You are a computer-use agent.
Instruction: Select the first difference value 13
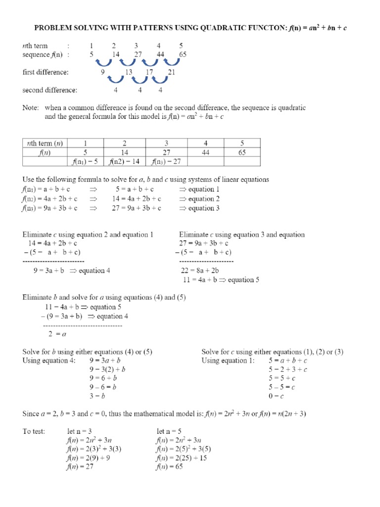(x=130, y=72)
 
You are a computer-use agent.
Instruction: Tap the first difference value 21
(x=172, y=72)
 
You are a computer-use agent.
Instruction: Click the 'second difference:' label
(x=50, y=90)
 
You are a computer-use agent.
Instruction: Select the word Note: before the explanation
(x=32, y=107)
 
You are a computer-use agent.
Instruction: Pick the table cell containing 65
(x=242, y=153)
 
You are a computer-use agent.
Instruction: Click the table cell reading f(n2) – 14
(x=125, y=162)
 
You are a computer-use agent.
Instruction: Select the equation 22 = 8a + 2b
(x=201, y=271)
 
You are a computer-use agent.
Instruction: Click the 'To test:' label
(x=34, y=431)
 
